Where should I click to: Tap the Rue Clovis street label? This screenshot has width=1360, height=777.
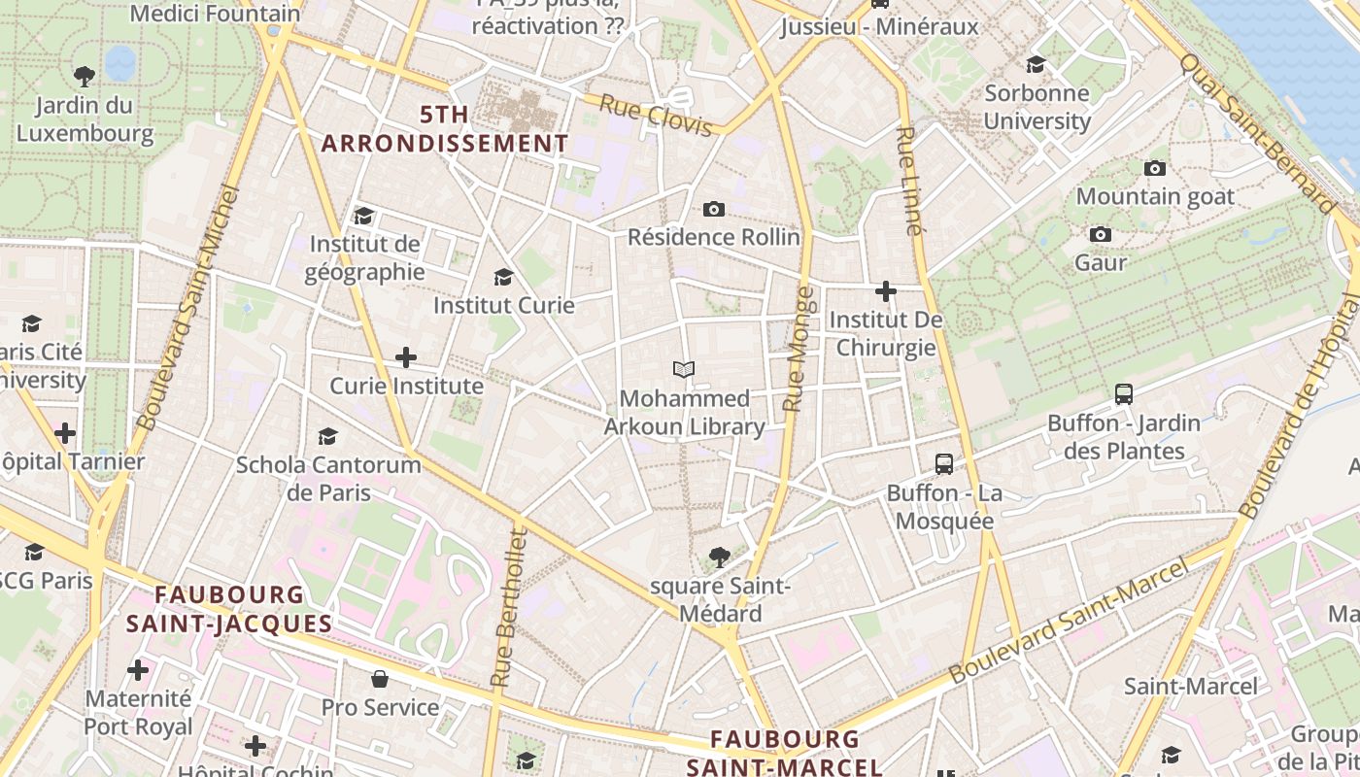pyautogui.click(x=657, y=114)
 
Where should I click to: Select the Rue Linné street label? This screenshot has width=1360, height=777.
pyautogui.click(x=907, y=181)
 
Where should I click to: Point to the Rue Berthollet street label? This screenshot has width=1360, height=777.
pyautogui.click(x=507, y=607)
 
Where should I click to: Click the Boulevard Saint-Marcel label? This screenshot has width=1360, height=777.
pyautogui.click(x=1069, y=619)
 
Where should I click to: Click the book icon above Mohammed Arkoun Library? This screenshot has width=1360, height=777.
pyautogui.click(x=684, y=369)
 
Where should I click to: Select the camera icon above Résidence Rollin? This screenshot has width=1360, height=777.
pyautogui.click(x=713, y=209)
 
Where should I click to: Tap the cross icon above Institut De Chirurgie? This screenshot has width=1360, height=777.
pyautogui.click(x=885, y=290)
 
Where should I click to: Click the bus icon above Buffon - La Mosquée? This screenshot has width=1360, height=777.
pyautogui.click(x=943, y=463)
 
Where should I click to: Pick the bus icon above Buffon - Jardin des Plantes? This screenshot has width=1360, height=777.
pyautogui.click(x=1124, y=394)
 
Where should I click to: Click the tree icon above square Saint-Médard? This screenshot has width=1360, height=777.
pyautogui.click(x=719, y=557)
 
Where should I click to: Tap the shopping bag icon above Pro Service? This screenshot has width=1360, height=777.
pyautogui.click(x=380, y=678)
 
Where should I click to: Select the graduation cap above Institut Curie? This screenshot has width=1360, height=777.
pyautogui.click(x=503, y=277)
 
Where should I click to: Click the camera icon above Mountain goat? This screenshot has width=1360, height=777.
pyautogui.click(x=1154, y=168)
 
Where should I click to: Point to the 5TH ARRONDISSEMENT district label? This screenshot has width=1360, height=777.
pyautogui.click(x=445, y=129)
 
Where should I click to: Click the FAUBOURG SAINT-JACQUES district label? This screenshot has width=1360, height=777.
pyautogui.click(x=229, y=609)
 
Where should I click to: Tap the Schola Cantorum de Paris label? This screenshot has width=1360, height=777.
pyautogui.click(x=328, y=478)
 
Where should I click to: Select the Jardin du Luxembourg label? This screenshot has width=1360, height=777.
pyautogui.click(x=85, y=118)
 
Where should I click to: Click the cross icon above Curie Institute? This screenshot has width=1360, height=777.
pyautogui.click(x=406, y=357)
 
